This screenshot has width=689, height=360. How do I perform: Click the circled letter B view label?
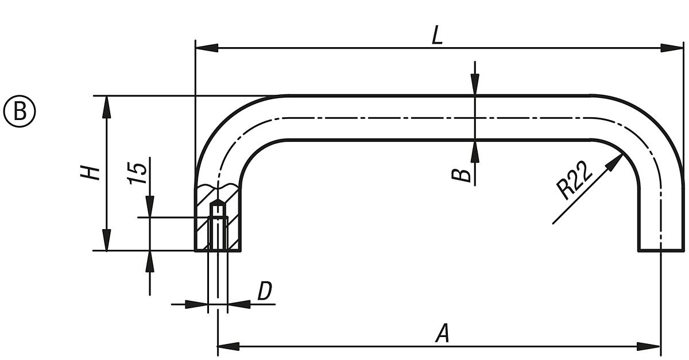(x=20, y=111)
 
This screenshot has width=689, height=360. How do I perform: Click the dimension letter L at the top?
(x=438, y=36)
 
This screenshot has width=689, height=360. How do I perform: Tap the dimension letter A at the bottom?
(x=442, y=334)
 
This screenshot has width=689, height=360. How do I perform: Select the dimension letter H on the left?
(x=91, y=172)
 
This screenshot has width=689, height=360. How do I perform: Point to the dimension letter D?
(x=264, y=292)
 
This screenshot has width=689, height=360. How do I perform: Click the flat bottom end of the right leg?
(x=661, y=251)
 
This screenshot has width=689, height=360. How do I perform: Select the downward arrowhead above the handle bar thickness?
(x=474, y=84)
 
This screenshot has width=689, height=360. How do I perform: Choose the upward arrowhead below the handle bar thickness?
(x=474, y=151)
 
